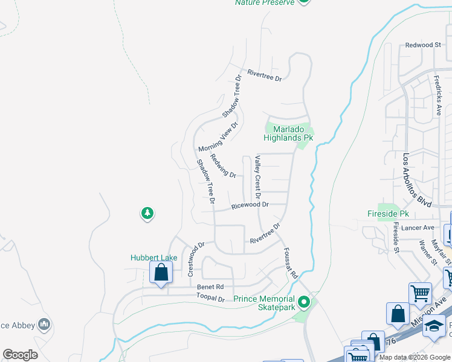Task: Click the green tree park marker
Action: [x=147, y=213]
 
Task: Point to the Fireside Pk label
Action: [x=389, y=214]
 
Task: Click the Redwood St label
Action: [x=423, y=45]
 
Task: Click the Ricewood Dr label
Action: [x=250, y=206]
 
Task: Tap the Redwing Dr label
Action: [x=223, y=165]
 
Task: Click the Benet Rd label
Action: [x=210, y=287]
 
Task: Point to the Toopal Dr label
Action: [x=210, y=298]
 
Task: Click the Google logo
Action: [x=20, y=355]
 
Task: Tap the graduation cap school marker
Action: [x=434, y=326]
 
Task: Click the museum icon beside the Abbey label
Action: [x=44, y=325]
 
